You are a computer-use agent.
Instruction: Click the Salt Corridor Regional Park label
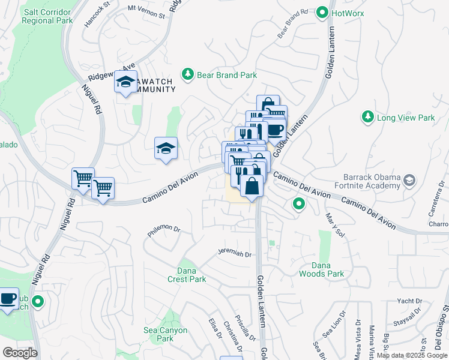click(x=47, y=16)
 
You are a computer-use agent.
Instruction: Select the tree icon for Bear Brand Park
click(x=188, y=74)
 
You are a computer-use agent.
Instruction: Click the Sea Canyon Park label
click(x=165, y=334)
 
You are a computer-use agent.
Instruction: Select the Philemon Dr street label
click(x=164, y=229)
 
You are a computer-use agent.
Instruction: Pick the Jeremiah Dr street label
click(x=234, y=254)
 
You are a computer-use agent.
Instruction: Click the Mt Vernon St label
click(x=146, y=13)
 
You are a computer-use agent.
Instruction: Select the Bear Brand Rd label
click(x=292, y=24)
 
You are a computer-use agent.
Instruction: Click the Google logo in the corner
click(x=20, y=353)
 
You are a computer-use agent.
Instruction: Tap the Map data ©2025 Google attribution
click(x=412, y=355)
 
